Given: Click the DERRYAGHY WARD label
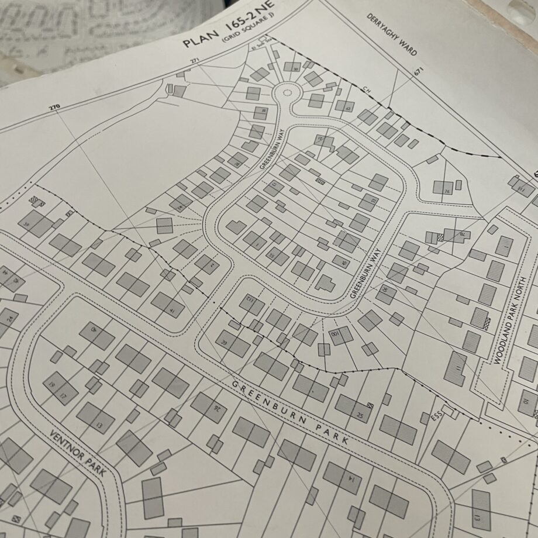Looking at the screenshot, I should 392,34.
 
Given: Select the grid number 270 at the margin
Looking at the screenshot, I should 54,108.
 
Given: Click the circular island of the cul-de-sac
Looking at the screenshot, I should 286,92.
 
